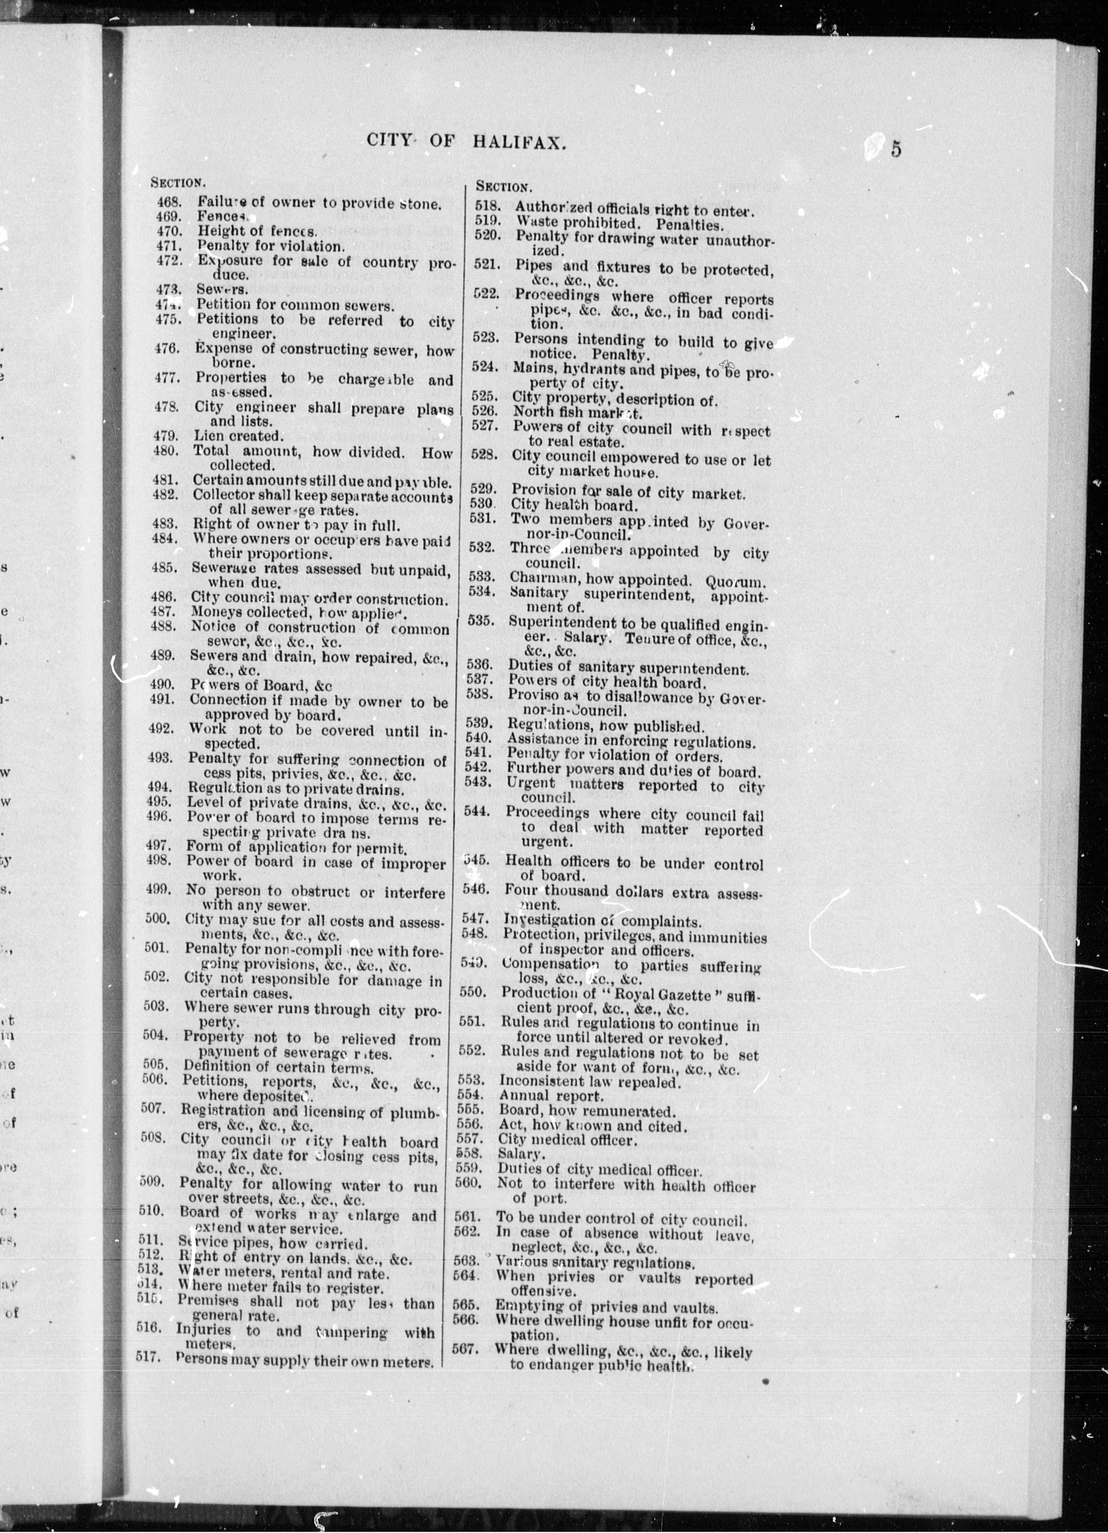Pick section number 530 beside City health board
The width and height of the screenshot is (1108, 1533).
tap(482, 504)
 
